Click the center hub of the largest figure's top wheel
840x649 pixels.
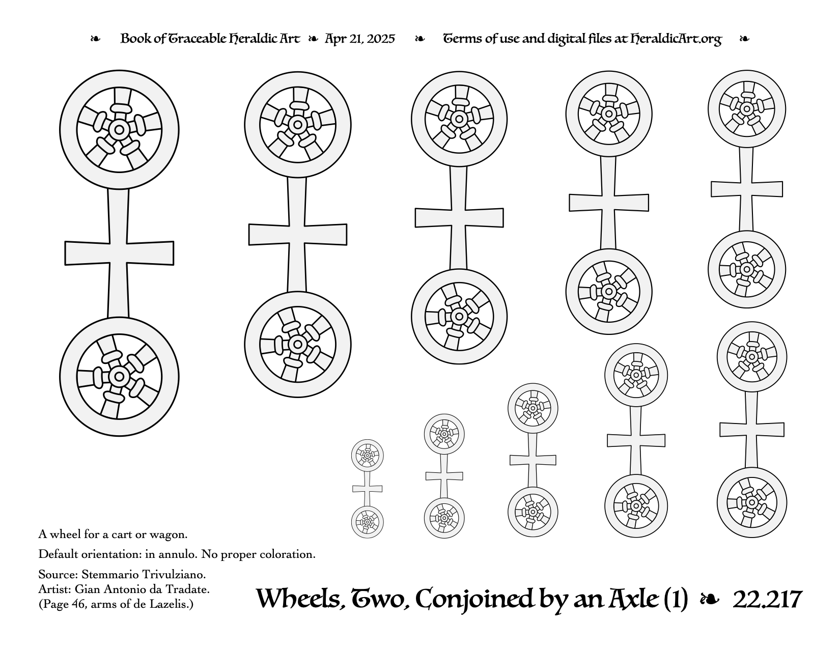tap(119, 130)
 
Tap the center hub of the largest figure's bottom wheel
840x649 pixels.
tap(119, 376)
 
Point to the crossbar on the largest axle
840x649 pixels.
tap(119, 253)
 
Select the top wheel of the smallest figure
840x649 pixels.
tap(367, 456)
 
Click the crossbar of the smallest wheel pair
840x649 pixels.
tap(367, 489)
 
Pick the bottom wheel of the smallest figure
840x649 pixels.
tap(367, 522)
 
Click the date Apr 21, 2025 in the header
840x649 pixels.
tap(360, 39)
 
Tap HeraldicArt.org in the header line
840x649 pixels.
tap(676, 39)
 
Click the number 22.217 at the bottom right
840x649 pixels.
tap(767, 599)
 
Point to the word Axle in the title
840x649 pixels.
tap(633, 599)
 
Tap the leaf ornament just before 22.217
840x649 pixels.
tap(710, 600)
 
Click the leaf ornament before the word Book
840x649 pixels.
tap(95, 39)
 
